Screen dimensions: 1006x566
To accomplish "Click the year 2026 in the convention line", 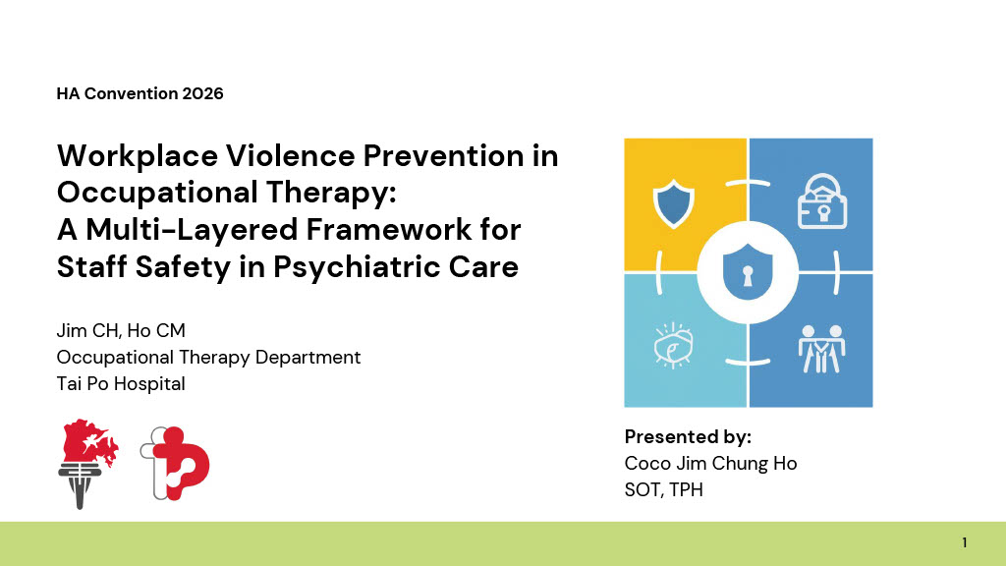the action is tap(202, 93).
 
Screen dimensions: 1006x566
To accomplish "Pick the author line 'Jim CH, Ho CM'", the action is tap(121, 330).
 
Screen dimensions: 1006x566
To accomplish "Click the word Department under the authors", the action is tap(307, 358).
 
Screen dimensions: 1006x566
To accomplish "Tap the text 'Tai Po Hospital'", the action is tap(121, 384).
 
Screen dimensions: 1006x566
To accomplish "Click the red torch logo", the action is tap(86, 464).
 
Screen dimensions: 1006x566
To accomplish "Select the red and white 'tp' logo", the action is tap(175, 464).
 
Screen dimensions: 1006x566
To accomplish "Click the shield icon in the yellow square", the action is tap(673, 203).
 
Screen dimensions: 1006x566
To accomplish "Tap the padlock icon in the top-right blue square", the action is tap(822, 201).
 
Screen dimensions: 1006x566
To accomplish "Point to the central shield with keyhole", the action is tap(748, 272).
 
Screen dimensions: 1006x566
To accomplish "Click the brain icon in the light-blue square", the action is tap(673, 345).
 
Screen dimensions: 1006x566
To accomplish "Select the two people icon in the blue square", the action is tap(822, 349).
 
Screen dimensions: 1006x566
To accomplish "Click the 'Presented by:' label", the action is tap(688, 437).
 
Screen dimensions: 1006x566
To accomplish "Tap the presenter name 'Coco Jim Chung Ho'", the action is tap(711, 464).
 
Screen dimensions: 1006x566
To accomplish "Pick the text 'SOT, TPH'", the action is tap(664, 489).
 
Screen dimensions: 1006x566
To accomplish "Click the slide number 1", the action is tap(965, 542).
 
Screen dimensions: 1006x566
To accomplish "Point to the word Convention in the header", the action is tap(131, 93).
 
